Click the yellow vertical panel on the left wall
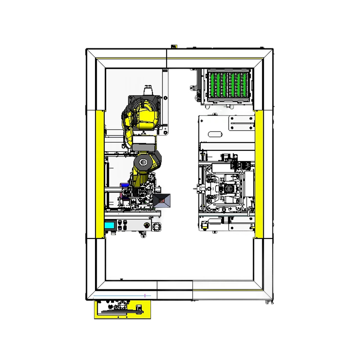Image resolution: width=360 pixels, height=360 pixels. pyautogui.click(x=99, y=173)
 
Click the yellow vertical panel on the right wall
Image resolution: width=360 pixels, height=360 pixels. pyautogui.click(x=259, y=173)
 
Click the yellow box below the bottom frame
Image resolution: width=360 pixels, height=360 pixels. pyautogui.click(x=122, y=310)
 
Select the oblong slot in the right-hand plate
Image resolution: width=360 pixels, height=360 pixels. pyautogui.click(x=215, y=134)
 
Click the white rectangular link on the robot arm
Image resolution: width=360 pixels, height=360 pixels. pyautogui.click(x=144, y=145)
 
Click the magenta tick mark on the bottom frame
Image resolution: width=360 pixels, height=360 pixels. pyautogui.click(x=144, y=295)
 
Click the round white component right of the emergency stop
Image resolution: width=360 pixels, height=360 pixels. pyautogui.click(x=157, y=226)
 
